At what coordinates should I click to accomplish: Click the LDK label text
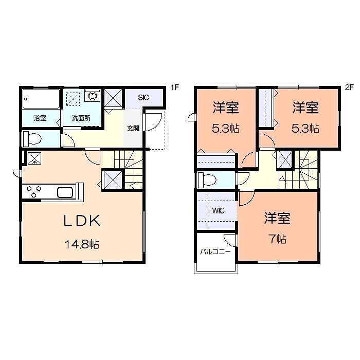click(81, 221)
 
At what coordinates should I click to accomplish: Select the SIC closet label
click(143, 97)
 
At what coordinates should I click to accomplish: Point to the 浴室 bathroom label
click(40, 118)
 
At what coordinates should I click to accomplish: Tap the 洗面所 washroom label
click(81, 118)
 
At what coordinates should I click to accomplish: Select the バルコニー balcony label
click(215, 252)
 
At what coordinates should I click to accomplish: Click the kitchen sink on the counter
click(66, 192)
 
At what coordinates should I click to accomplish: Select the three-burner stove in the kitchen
click(33, 192)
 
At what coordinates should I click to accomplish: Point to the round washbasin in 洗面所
click(93, 96)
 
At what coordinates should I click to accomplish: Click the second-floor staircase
click(306, 167)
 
